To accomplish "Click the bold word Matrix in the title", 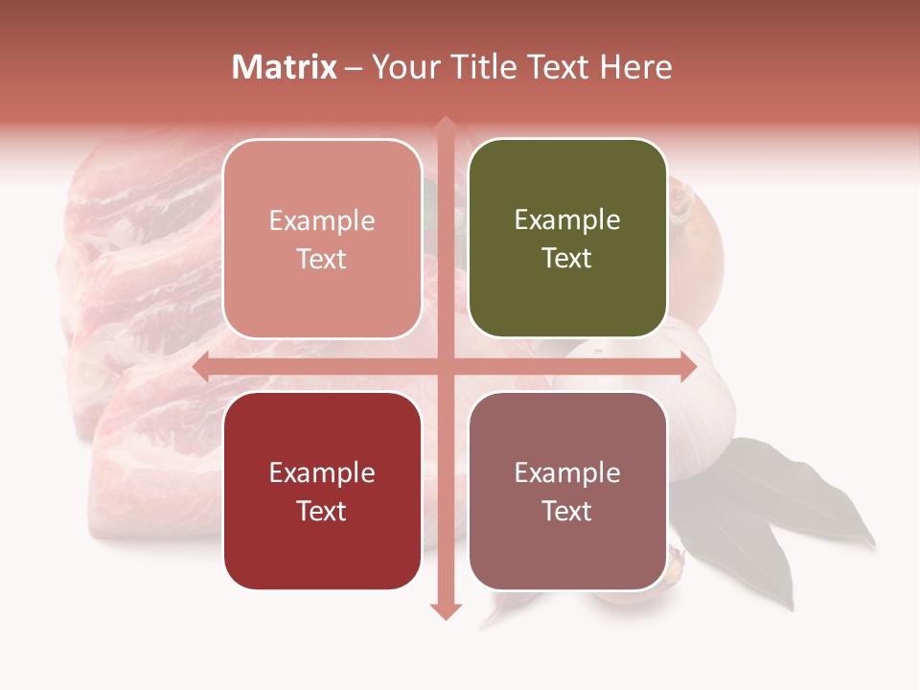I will tap(285, 67).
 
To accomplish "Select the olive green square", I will tap(567, 239).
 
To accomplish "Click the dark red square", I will tap(322, 491).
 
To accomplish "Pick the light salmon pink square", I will tap(322, 239).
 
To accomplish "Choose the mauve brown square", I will tap(567, 491).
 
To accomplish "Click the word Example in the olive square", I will tap(567, 220).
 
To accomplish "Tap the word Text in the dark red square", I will tap(322, 511).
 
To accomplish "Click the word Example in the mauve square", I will tap(567, 472).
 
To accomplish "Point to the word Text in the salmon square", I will tap(322, 259).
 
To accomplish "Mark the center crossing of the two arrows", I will tap(445, 366).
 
